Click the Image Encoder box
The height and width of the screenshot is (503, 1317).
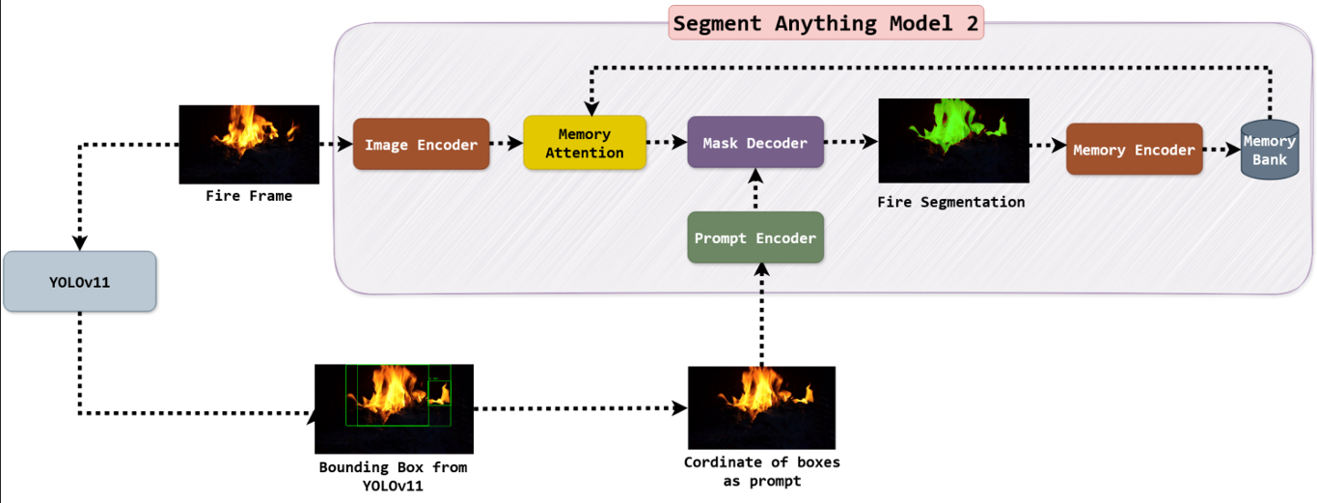pyautogui.click(x=421, y=145)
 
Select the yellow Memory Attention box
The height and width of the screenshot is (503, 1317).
pyautogui.click(x=584, y=143)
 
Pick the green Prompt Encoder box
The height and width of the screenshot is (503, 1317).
pyautogui.click(x=755, y=238)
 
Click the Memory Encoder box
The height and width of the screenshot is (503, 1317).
pyautogui.click(x=1134, y=150)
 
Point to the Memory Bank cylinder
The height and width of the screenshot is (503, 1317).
pyautogui.click(x=1269, y=150)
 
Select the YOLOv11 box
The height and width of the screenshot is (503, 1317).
pyautogui.click(x=79, y=282)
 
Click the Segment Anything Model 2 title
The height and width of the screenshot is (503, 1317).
pyautogui.click(x=825, y=23)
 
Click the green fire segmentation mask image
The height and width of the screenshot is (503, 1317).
pyautogui.click(x=953, y=140)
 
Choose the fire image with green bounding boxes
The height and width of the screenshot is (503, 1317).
pyautogui.click(x=394, y=408)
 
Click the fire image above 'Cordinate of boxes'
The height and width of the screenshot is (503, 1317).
pyautogui.click(x=761, y=407)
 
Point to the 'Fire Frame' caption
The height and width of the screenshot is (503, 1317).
pyautogui.click(x=249, y=196)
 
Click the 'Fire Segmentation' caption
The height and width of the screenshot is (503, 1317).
pyautogui.click(x=951, y=203)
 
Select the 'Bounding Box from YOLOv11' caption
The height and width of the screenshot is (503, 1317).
pyautogui.click(x=394, y=476)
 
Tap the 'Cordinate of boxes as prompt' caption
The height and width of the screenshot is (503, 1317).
pyautogui.click(x=761, y=471)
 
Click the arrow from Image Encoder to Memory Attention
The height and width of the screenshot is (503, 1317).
pyautogui.click(x=507, y=145)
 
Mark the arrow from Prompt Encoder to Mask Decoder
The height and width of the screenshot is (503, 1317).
pyautogui.click(x=755, y=190)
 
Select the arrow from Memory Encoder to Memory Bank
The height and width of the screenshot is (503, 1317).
pyautogui.click(x=1221, y=151)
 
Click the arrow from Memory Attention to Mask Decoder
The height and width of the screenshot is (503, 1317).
pyautogui.click(x=667, y=143)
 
